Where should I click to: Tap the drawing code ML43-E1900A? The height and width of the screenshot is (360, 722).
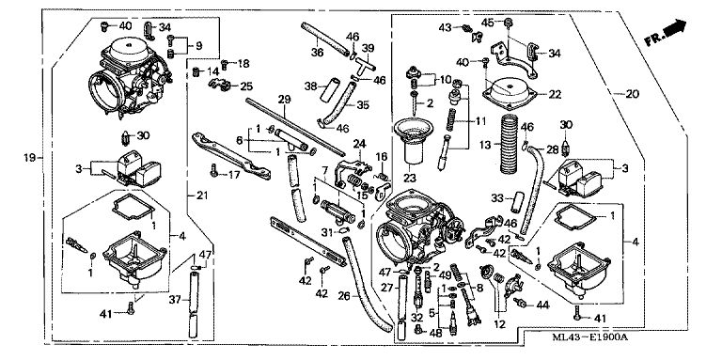589,337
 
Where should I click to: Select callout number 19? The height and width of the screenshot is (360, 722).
30,158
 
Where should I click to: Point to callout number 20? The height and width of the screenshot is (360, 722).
632,94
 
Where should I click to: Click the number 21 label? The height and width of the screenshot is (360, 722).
202,196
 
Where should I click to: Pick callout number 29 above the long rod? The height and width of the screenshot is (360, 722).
285,99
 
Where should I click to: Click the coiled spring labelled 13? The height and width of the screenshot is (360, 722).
510,143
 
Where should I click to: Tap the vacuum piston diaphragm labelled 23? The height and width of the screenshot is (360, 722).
413,140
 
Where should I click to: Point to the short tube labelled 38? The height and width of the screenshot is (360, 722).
330,90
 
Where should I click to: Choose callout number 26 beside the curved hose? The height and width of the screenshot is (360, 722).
344,295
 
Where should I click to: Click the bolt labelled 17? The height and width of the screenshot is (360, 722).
213,171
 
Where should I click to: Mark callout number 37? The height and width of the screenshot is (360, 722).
175,300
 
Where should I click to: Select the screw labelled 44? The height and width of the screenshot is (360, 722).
520,303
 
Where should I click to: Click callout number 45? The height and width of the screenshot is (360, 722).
488,23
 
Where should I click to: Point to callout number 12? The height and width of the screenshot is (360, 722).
499,324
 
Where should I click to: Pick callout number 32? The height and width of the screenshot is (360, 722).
416,317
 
